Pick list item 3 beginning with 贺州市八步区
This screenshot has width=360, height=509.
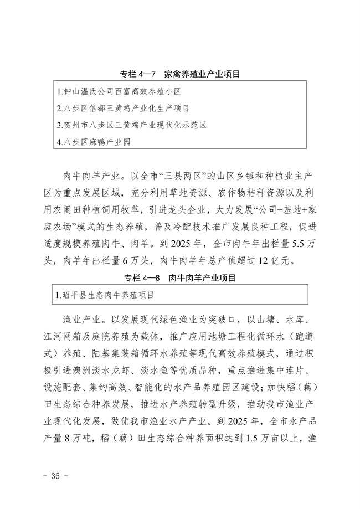pyautogui.click(x=131, y=125)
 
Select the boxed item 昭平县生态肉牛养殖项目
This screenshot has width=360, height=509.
pyautogui.click(x=105, y=295)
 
